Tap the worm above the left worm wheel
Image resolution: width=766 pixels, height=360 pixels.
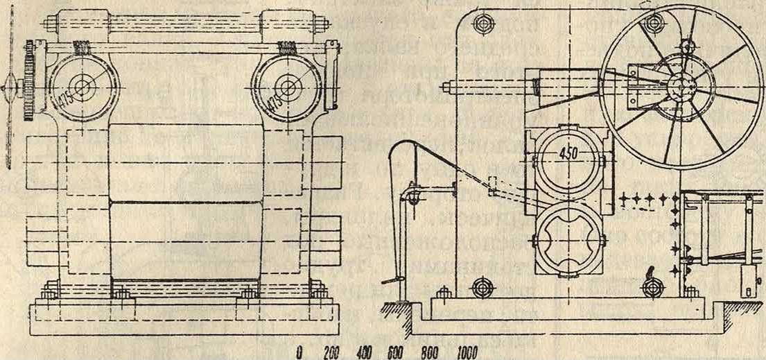pyautogui.click(x=81, y=48)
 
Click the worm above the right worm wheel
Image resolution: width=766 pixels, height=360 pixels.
pyautogui.click(x=286, y=48)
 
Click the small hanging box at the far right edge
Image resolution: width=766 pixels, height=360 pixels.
pyautogui.click(x=746, y=277)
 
